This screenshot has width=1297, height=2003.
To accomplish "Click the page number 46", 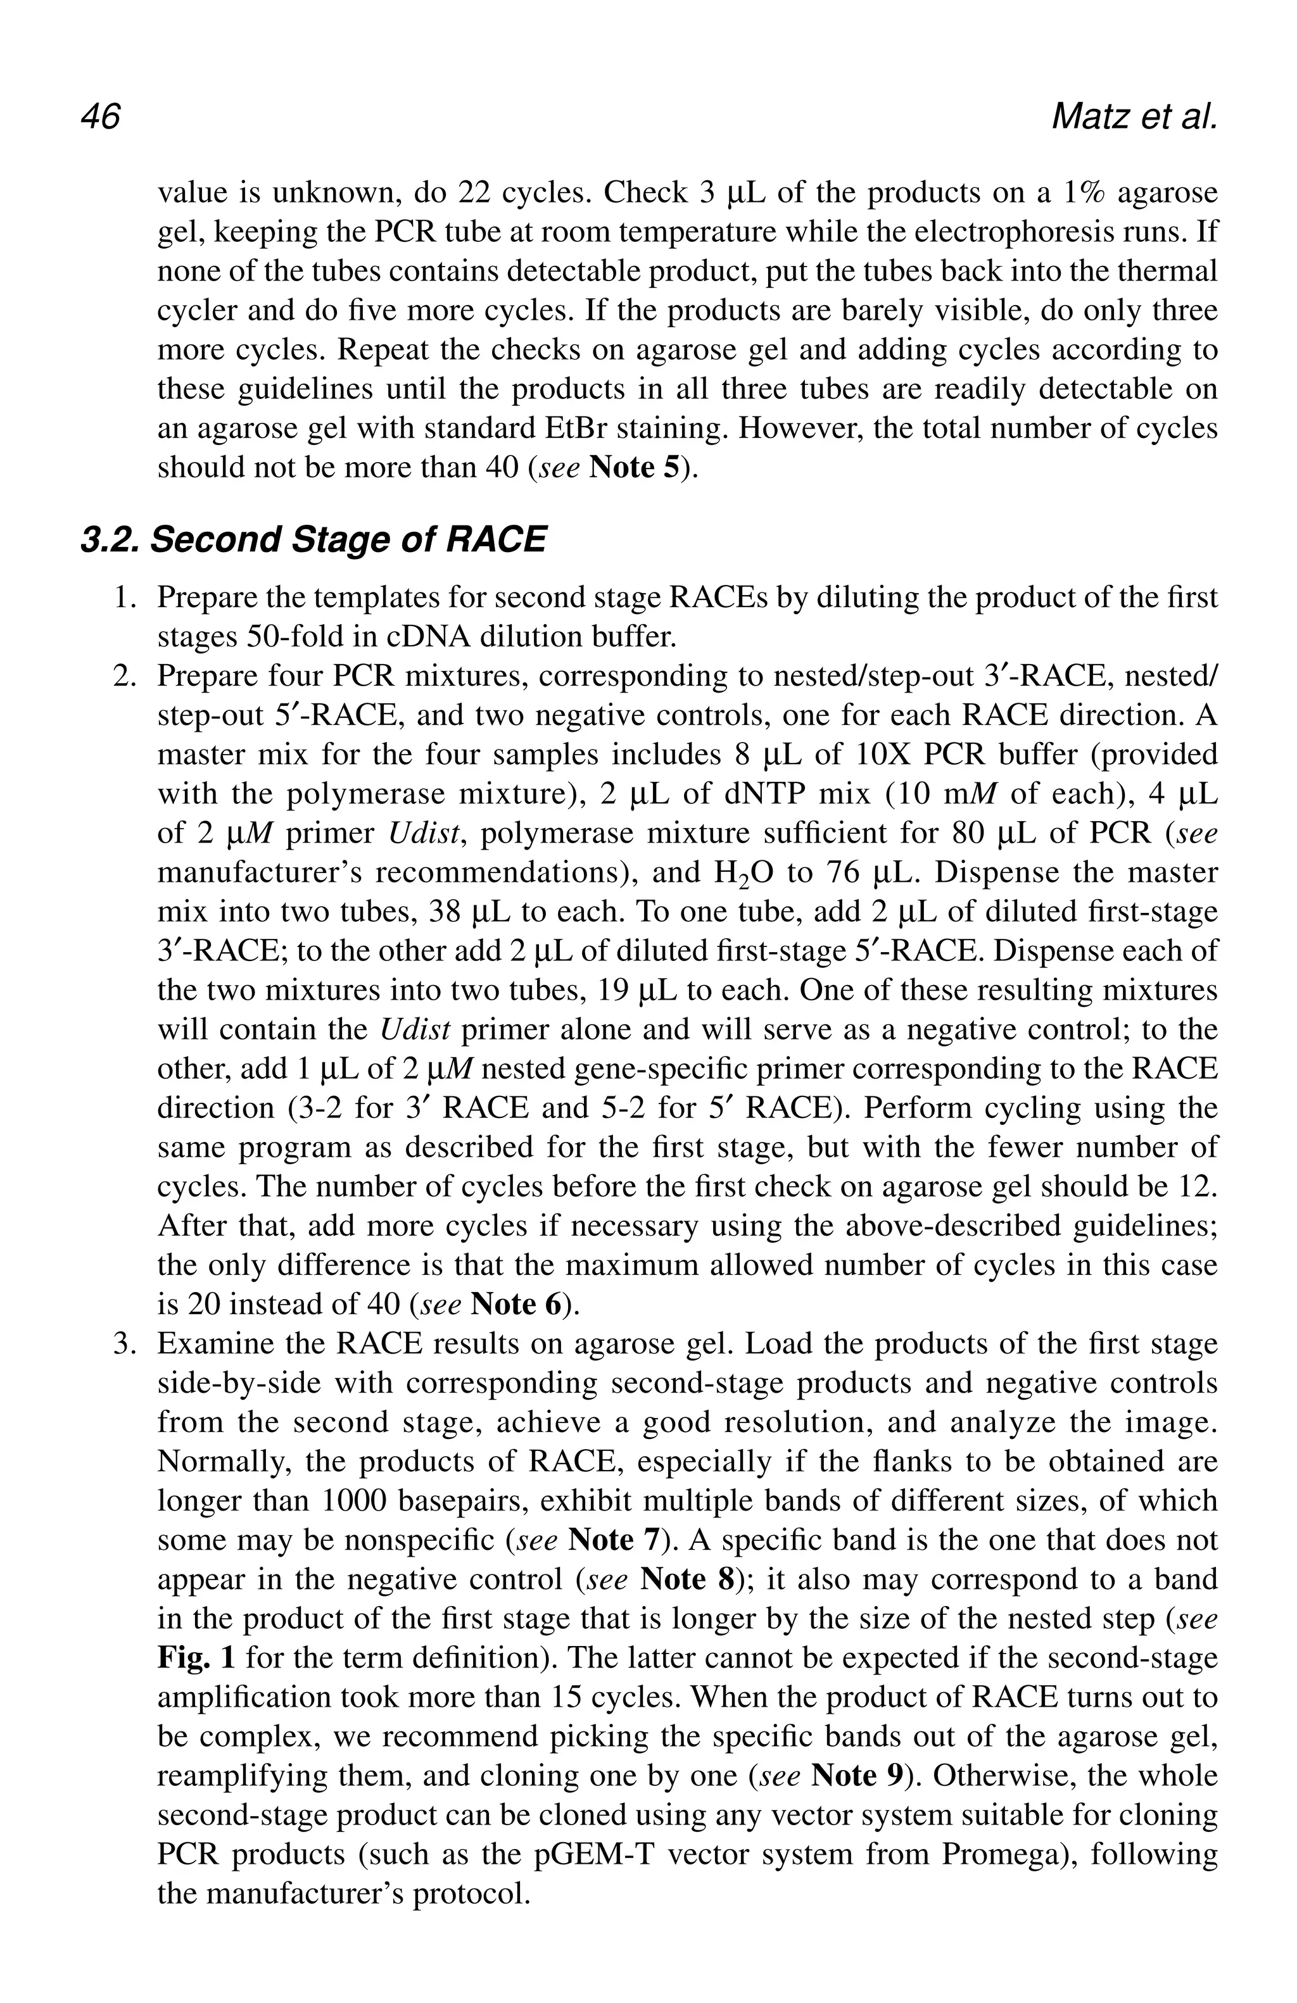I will coord(100,117).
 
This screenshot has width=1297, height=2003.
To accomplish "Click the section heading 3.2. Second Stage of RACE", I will coord(313,539).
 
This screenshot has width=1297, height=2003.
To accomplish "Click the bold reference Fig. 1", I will coord(195,1657).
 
